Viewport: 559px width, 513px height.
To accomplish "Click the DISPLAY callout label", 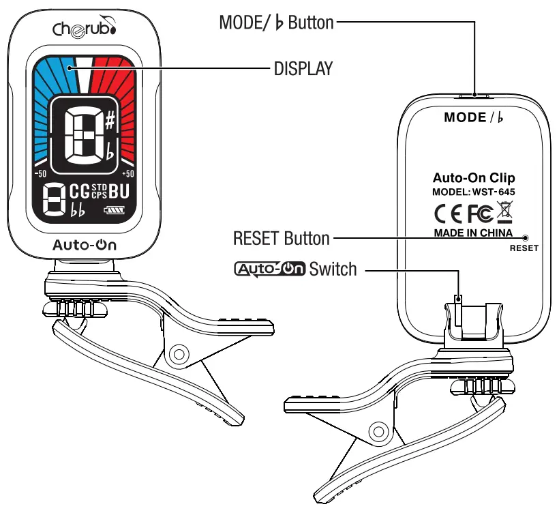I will [303, 68].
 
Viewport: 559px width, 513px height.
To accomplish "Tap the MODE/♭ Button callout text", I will [276, 23].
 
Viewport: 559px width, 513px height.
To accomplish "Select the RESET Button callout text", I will [281, 239].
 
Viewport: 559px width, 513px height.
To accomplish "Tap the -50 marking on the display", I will [40, 174].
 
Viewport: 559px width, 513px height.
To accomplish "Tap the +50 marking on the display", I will [127, 174].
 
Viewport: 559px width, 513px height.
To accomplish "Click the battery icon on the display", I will [113, 211].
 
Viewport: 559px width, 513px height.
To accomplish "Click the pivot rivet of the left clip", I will [179, 354].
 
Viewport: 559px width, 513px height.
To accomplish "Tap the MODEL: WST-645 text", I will [473, 192].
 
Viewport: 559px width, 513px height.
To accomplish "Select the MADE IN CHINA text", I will [473, 233].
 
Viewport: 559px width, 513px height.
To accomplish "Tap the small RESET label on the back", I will [524, 248].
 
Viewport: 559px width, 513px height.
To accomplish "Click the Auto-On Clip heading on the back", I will [473, 179].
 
